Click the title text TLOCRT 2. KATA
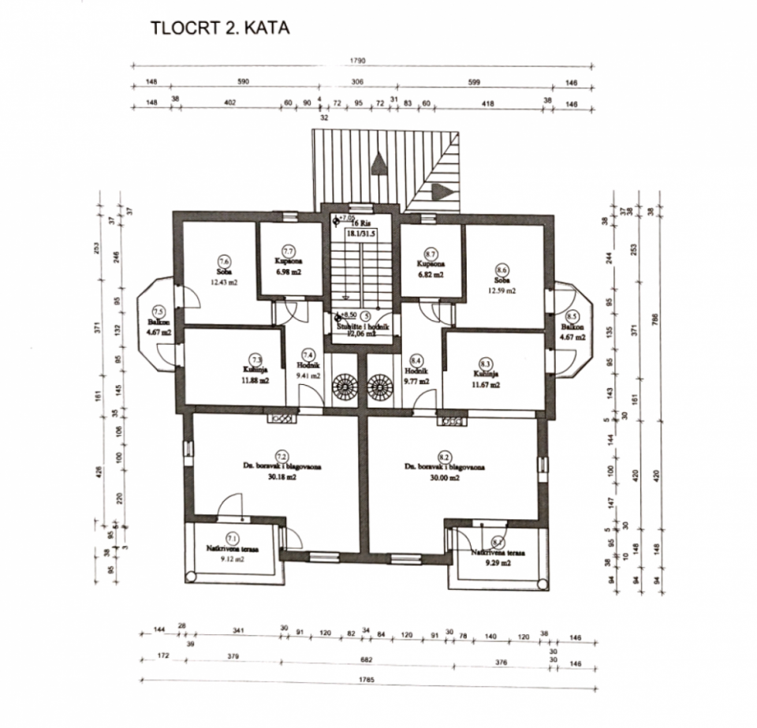point(220,29)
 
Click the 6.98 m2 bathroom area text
point(289,271)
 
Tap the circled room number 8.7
point(431,254)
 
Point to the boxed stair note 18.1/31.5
point(362,233)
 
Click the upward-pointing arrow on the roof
point(379,160)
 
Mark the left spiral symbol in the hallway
point(345,387)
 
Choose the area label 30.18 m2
point(280,477)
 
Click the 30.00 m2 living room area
point(444,476)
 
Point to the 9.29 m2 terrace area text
point(499,564)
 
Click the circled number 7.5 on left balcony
point(158,311)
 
